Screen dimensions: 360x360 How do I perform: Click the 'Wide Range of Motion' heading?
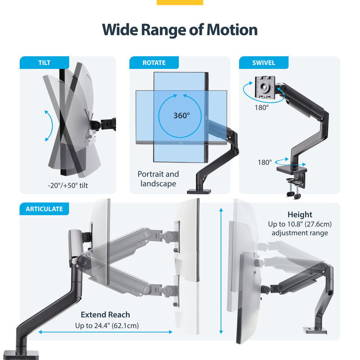pyautogui.click(x=180, y=30)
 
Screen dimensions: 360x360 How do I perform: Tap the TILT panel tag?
pyautogui.click(x=44, y=63)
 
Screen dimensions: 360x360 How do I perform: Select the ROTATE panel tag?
pyautogui.click(x=154, y=63)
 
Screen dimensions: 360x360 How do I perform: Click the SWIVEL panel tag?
pyautogui.click(x=263, y=63)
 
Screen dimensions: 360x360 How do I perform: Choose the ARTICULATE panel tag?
pyautogui.click(x=44, y=209)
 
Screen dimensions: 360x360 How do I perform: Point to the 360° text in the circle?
pyautogui.click(x=182, y=115)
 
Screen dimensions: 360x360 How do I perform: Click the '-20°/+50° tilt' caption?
pyautogui.click(x=67, y=185)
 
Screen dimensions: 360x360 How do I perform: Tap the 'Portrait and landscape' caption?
pyautogui.click(x=158, y=179)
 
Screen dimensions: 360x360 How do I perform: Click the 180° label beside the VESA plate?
pyautogui.click(x=261, y=108)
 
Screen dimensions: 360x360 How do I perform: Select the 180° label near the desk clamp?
pyautogui.click(x=265, y=162)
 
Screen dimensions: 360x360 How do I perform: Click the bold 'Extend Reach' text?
pyautogui.click(x=105, y=315)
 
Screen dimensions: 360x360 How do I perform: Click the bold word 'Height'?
pyautogui.click(x=300, y=215)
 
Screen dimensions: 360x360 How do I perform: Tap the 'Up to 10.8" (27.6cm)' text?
pyautogui.click(x=300, y=224)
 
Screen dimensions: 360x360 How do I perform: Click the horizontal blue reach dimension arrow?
pyautogui.click(x=105, y=332)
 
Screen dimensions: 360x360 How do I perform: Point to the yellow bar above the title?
pyautogui.click(x=180, y=2)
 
